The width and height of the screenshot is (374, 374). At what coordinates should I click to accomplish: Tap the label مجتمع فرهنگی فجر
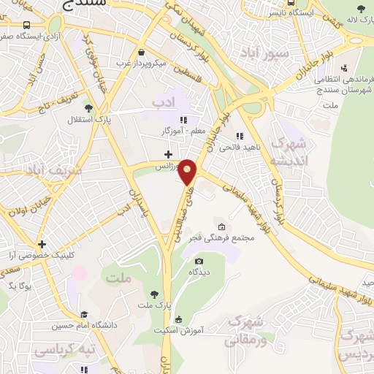pyautogui.click(x=252, y=237)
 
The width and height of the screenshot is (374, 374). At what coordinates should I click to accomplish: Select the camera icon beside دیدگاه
pyautogui.click(x=199, y=261)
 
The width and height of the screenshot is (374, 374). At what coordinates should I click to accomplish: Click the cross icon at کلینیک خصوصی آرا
pyautogui.click(x=42, y=244)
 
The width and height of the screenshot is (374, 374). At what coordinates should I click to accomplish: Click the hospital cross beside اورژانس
pyautogui.click(x=169, y=154)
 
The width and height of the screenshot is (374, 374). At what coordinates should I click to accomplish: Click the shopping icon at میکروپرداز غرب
pyautogui.click(x=140, y=53)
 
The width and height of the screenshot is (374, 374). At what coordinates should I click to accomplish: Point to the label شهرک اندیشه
pyautogui.click(x=286, y=152)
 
